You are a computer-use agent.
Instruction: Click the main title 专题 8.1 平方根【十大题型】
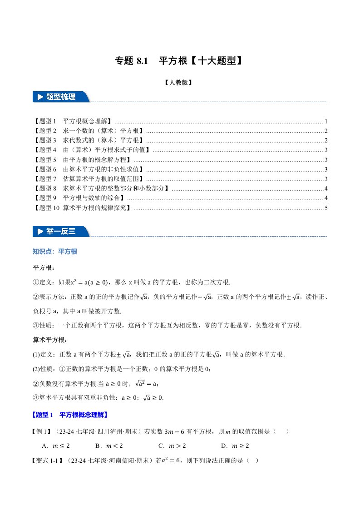[x=180, y=61]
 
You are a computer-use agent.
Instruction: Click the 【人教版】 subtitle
[x=180, y=83]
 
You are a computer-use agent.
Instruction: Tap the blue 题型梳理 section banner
[x=61, y=97]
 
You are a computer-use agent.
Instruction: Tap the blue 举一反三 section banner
[x=61, y=231]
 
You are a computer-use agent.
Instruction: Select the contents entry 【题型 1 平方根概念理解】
[x=73, y=122]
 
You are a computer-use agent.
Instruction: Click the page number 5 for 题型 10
[x=326, y=208]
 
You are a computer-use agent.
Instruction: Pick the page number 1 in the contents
[x=326, y=122]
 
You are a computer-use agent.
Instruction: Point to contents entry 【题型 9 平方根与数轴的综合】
[x=79, y=198]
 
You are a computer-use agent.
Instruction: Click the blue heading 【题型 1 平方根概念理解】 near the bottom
[x=70, y=415]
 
